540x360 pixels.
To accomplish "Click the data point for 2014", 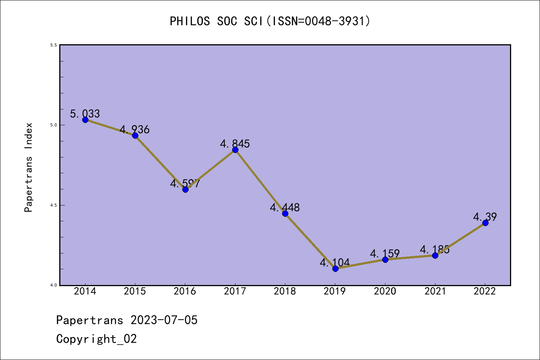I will (x=85, y=120).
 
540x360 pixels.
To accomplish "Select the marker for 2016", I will (x=185, y=189).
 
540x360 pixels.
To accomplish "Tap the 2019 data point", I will (x=335, y=268).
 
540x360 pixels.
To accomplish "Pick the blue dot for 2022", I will (x=485, y=223).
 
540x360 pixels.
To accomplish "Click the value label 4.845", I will (x=235, y=144).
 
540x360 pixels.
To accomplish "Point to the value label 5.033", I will (x=85, y=114).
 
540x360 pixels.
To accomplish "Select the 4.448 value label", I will (x=285, y=207).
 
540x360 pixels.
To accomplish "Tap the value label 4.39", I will (x=485, y=217).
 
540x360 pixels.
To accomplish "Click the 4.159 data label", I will (x=385, y=253).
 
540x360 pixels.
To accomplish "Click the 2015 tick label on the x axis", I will (x=135, y=291).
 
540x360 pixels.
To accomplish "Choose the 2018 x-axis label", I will (x=285, y=291).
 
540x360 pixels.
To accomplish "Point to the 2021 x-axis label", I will (x=435, y=291).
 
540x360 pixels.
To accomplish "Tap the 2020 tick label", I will (x=385, y=291).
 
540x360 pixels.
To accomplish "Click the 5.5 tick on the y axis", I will (x=53, y=45).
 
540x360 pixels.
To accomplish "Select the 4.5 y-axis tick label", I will (x=53, y=205).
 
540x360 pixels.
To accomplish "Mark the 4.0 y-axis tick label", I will (x=53, y=285).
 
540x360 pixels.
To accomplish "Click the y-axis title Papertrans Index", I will (x=28, y=167).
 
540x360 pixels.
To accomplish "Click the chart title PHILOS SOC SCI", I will (x=270, y=21).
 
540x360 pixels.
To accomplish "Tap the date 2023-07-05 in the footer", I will (x=164, y=320).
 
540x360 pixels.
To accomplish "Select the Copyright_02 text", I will (x=97, y=339).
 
